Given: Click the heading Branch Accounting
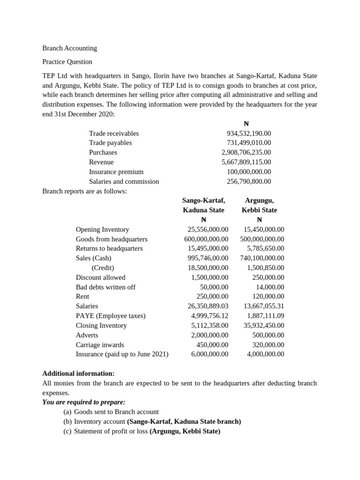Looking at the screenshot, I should tap(69, 48).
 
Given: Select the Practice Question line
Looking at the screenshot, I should tap(67, 61).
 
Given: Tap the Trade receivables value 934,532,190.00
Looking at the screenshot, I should tap(248, 133).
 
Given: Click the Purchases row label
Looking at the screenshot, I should tap(103, 152).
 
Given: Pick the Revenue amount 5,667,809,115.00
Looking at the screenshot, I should tap(246, 162).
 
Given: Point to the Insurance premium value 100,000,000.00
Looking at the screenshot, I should tap(249, 172).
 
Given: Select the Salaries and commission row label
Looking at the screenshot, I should tap(124, 181).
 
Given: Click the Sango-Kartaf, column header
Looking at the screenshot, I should tap(203, 200).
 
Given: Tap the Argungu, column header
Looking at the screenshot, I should tap(259, 200).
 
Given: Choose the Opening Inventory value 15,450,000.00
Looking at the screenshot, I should tap(263, 229).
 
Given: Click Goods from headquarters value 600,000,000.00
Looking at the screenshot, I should tap(206, 239).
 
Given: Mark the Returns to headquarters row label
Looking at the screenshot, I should tap(109, 248).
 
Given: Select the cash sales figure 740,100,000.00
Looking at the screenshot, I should tap(262, 258).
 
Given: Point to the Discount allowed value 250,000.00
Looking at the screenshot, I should tap(268, 277).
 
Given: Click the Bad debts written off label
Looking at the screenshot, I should tap(105, 287).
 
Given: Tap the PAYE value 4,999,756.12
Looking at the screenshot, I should tap(210, 315).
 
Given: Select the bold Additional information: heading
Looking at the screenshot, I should tap(78, 374).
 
